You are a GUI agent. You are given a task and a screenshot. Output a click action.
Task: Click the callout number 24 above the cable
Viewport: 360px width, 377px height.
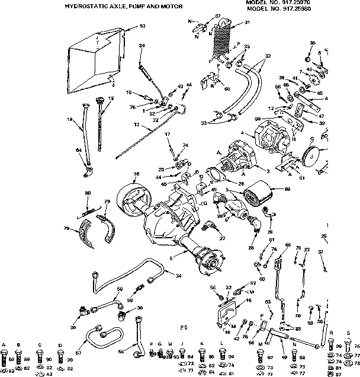[142, 46]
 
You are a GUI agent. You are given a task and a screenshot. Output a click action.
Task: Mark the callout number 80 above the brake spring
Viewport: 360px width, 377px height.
[88, 193]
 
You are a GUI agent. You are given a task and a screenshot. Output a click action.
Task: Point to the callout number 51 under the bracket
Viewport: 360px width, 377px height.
[303, 176]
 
